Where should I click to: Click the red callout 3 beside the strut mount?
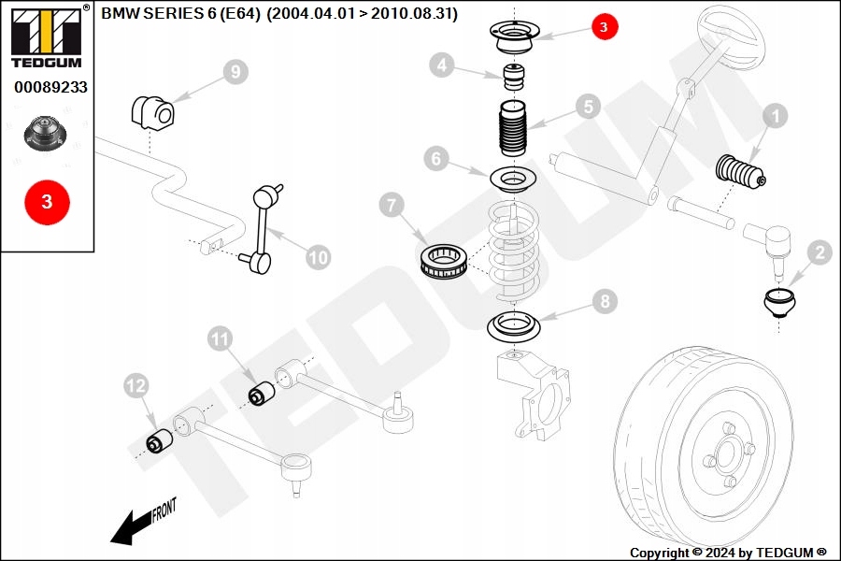[604, 28]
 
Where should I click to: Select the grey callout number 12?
[136, 384]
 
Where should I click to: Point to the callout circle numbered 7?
[392, 202]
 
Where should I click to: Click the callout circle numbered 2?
[820, 252]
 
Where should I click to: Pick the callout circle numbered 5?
[586, 107]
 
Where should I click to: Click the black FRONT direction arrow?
[131, 525]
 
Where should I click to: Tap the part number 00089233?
[50, 87]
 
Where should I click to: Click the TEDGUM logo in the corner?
[44, 36]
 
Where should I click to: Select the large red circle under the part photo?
[47, 201]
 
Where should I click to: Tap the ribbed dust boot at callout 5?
[510, 134]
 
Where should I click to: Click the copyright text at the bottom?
[728, 553]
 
